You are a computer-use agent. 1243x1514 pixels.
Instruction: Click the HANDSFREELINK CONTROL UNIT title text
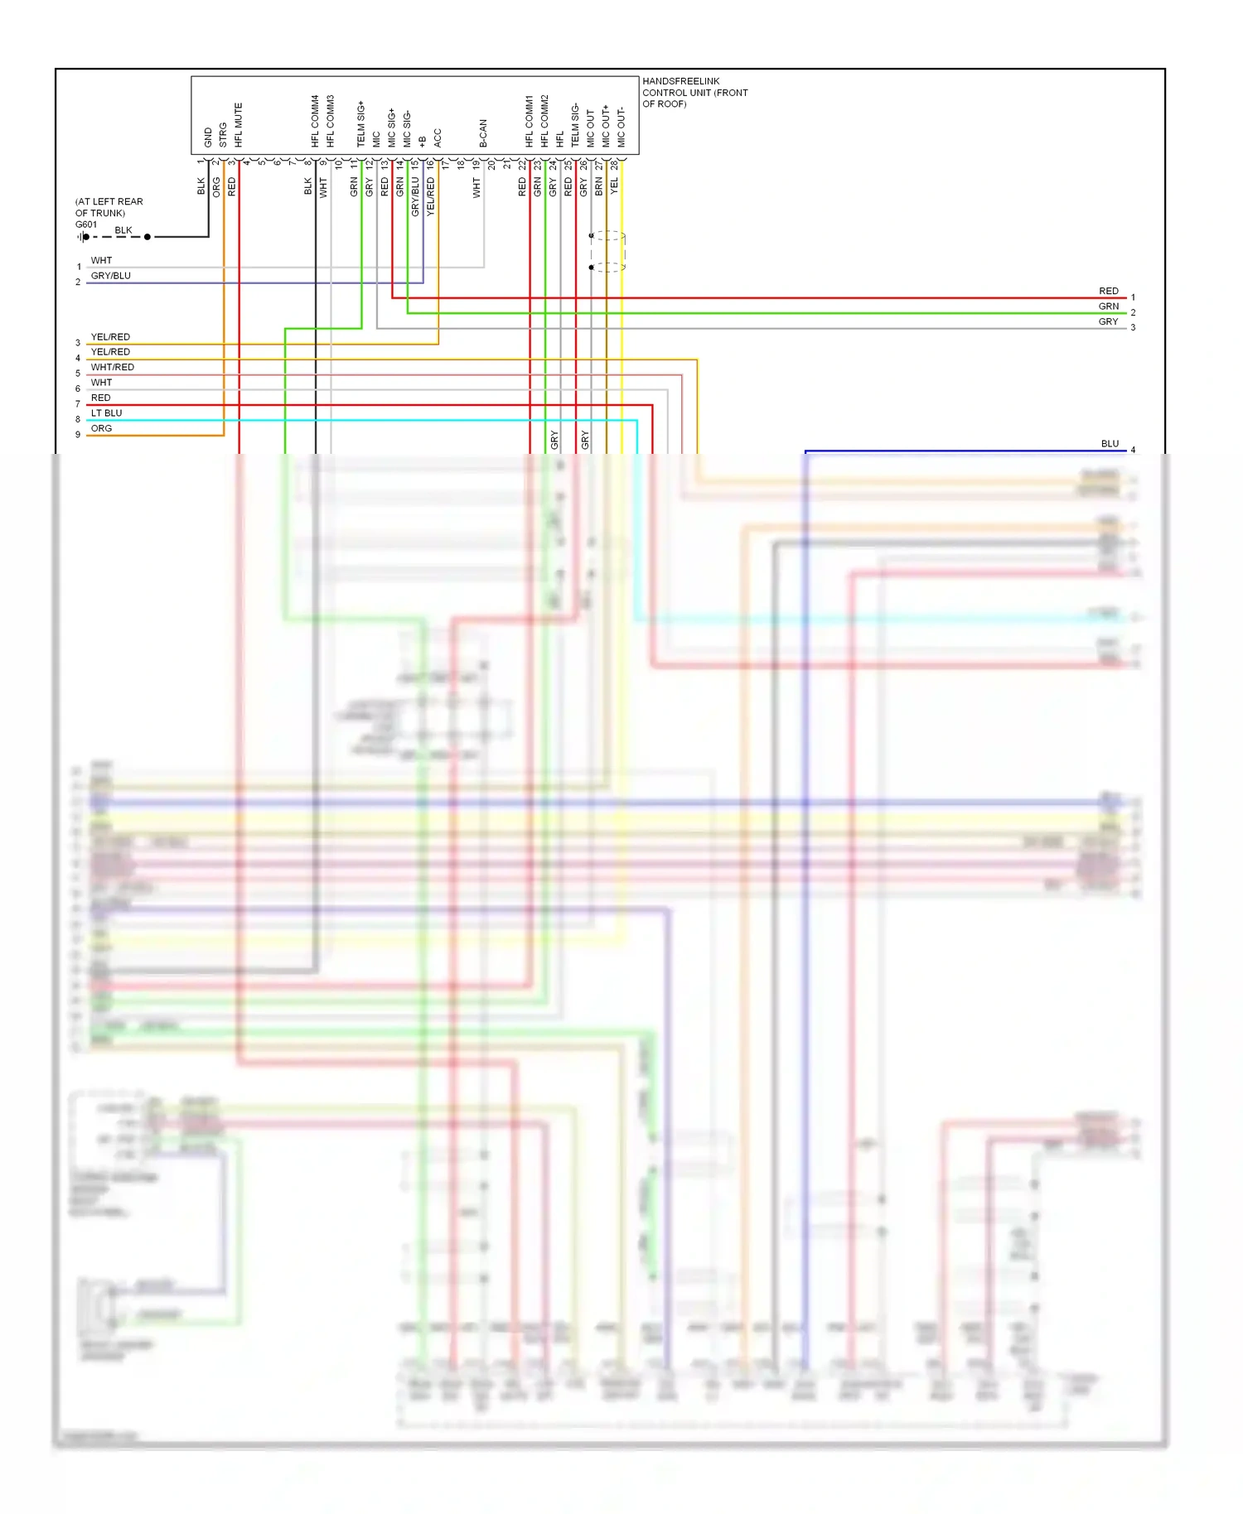(x=694, y=92)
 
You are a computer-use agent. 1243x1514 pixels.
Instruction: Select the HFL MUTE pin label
(x=239, y=125)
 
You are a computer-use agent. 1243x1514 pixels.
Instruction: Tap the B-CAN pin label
(x=483, y=133)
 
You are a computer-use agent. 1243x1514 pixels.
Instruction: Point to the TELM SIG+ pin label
(x=360, y=124)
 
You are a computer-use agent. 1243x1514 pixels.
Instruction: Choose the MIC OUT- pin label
(x=621, y=128)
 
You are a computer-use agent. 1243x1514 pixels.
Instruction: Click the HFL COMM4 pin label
(x=315, y=121)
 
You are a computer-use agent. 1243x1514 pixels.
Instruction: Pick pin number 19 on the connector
(x=476, y=164)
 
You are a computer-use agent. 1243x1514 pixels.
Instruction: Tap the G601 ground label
(x=86, y=224)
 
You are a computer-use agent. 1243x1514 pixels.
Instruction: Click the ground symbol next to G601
(x=83, y=237)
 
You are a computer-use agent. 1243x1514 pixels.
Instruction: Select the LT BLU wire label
(x=106, y=413)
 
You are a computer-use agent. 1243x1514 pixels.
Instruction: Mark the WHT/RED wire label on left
(x=112, y=367)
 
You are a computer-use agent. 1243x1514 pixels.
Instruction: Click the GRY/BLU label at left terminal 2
(x=110, y=276)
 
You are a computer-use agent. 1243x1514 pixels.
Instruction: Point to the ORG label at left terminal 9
(x=101, y=428)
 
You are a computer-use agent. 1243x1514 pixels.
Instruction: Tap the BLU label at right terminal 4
(x=1110, y=444)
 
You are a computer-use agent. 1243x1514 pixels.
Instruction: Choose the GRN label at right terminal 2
(x=1108, y=306)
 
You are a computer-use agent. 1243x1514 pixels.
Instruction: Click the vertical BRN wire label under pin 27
(x=599, y=186)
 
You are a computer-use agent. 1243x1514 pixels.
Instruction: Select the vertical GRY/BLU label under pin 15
(x=415, y=196)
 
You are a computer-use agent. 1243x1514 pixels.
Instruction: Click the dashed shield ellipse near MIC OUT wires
(x=608, y=252)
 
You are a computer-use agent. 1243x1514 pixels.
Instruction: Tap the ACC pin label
(x=438, y=137)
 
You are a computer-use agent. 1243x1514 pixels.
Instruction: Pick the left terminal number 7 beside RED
(x=78, y=404)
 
